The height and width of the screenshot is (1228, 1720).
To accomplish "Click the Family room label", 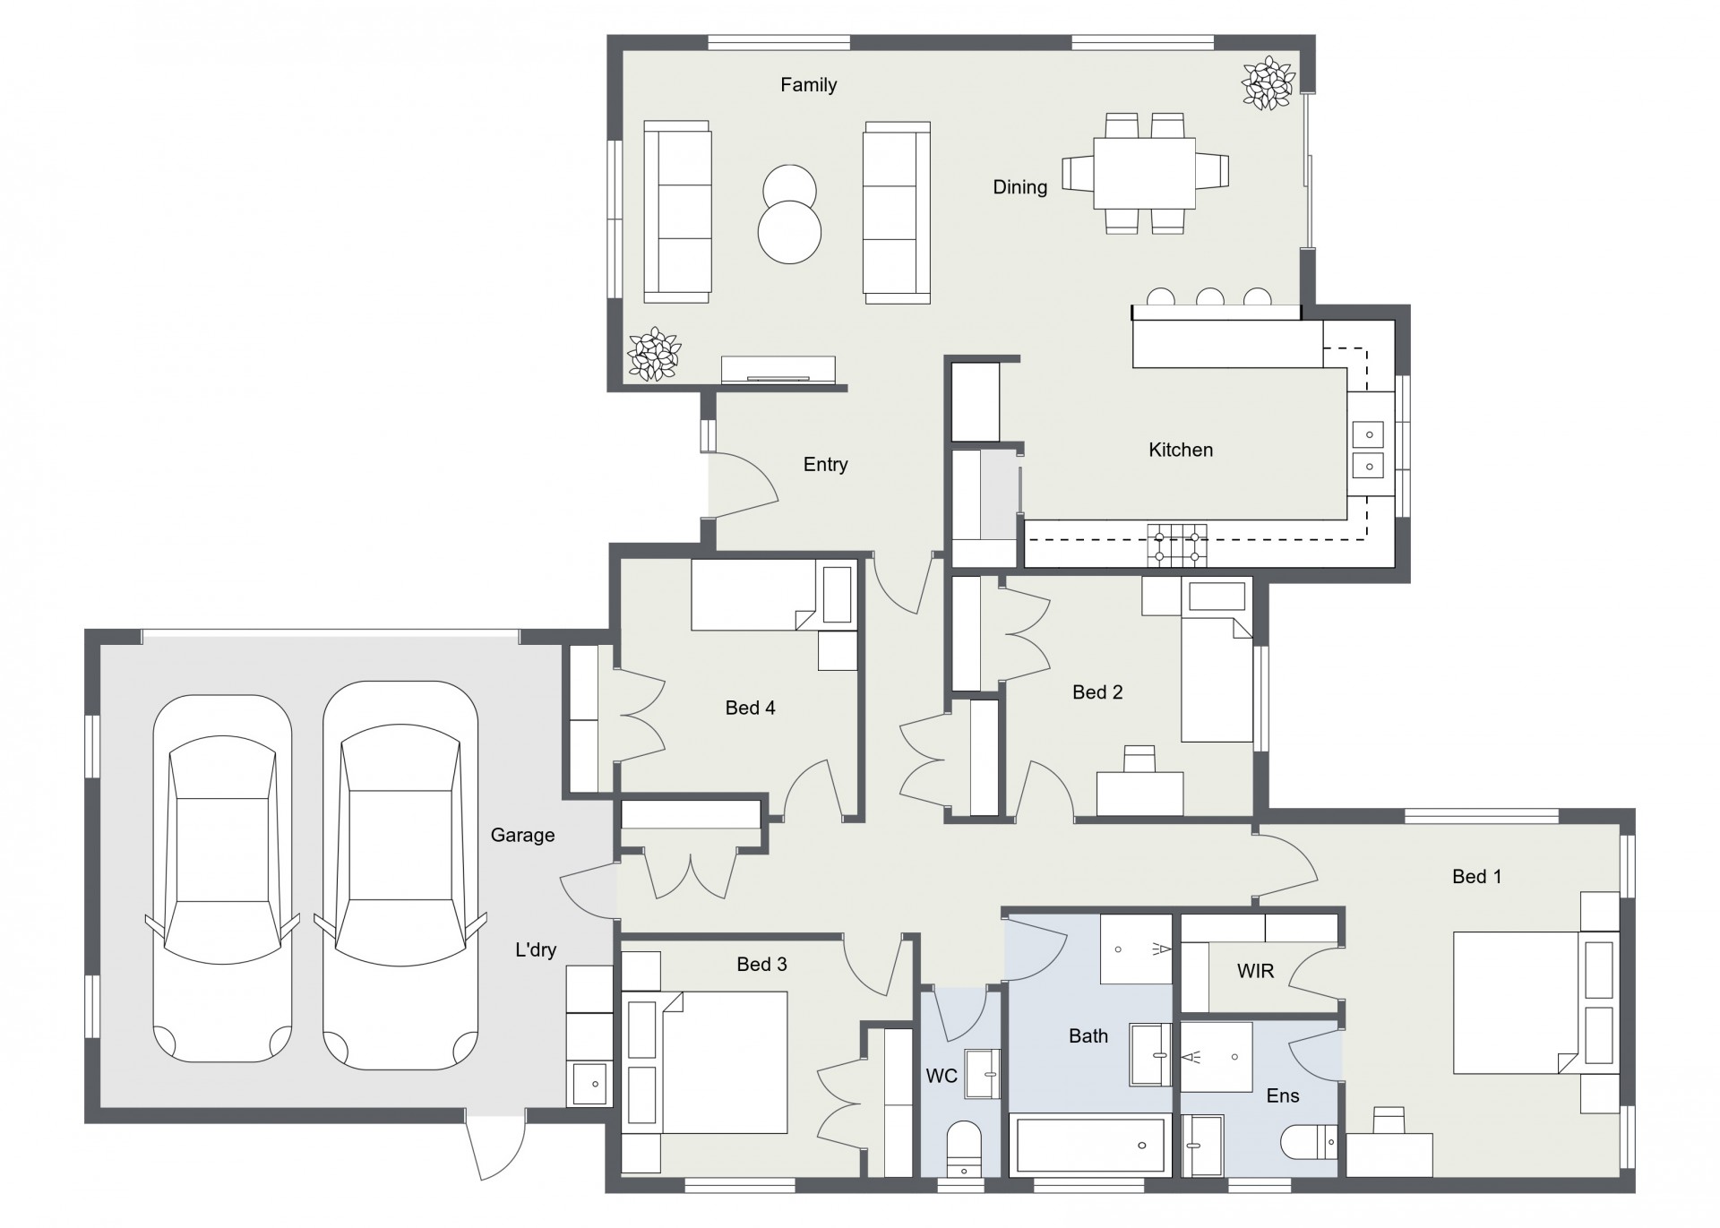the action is [x=808, y=85].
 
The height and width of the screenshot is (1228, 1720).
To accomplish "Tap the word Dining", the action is [x=1019, y=187].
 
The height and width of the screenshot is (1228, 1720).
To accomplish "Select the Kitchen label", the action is [x=1181, y=450].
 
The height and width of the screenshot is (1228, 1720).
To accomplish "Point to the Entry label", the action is [x=825, y=464].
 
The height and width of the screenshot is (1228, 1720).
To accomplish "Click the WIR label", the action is [x=1255, y=971].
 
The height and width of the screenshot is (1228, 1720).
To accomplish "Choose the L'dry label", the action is [x=536, y=949].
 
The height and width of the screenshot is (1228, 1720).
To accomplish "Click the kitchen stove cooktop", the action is [x=1177, y=545].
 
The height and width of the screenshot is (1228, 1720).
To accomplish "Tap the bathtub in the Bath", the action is [x=1090, y=1145].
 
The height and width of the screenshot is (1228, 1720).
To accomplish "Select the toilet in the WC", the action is [x=964, y=1148].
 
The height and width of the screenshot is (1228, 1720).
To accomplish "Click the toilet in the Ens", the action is [x=1309, y=1142].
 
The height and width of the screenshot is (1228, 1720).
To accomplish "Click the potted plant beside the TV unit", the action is [x=654, y=354].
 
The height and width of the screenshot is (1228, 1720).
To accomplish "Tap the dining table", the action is [x=1145, y=173].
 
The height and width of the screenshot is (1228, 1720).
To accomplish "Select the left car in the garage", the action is [x=222, y=879].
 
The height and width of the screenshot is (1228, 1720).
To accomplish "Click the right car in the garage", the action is [x=400, y=875].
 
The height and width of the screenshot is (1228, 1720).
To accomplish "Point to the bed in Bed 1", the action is [x=1535, y=1002].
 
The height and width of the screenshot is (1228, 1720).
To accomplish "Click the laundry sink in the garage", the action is [x=589, y=1083].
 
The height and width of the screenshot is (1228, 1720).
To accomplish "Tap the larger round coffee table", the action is [x=789, y=231].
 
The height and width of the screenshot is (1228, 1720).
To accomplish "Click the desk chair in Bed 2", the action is [x=1140, y=759].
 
